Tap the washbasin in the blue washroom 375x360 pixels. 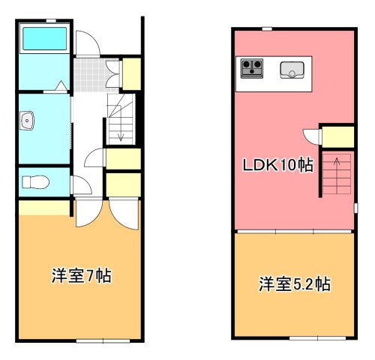coord(28,119)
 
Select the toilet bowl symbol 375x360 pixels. coord(34,181)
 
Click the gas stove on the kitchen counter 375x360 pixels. coord(251,69)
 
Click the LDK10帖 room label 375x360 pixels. coord(276,165)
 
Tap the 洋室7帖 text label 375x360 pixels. coord(81,276)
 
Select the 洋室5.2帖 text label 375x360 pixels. coord(295,284)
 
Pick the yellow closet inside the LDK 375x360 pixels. coord(337,136)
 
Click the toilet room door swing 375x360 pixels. coord(77,184)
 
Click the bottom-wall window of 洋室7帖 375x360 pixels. coord(101,341)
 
